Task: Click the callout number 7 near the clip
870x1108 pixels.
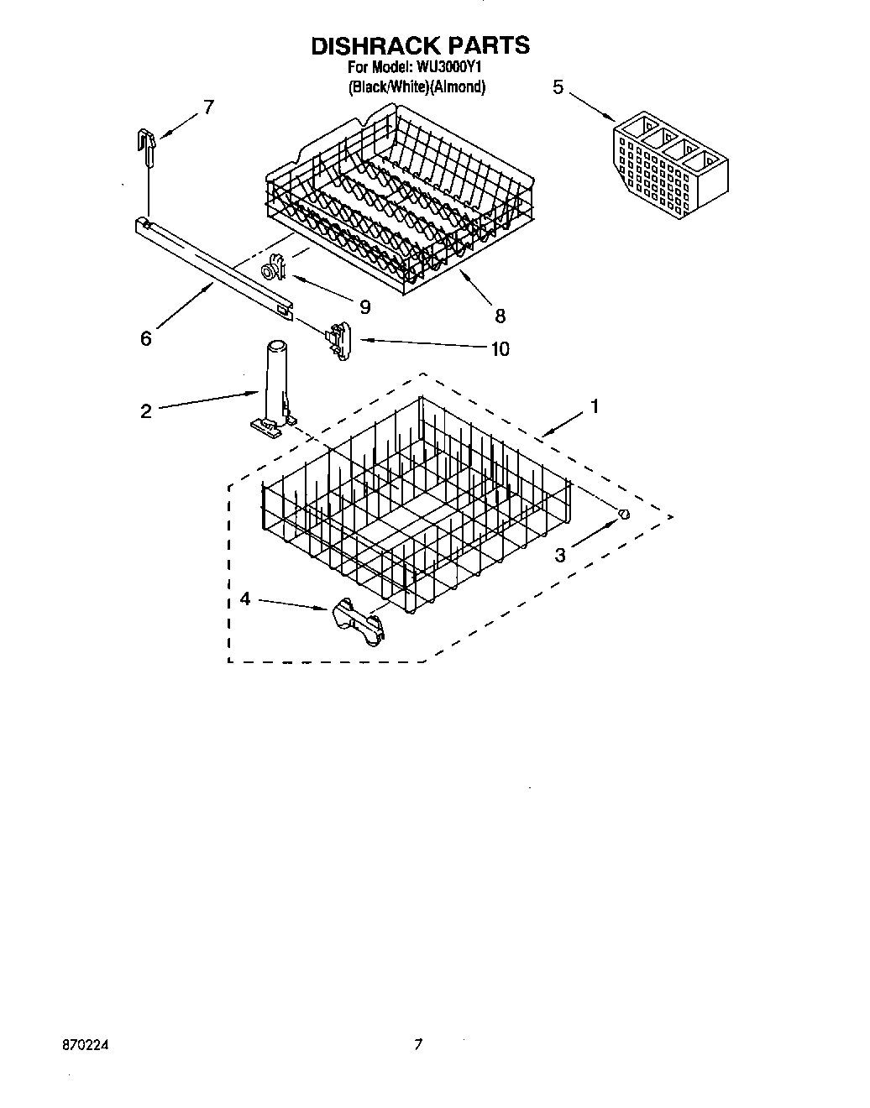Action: coord(208,107)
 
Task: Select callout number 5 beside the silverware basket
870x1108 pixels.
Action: coord(558,86)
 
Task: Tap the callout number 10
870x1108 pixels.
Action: coord(500,348)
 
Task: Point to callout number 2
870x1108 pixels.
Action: coord(146,410)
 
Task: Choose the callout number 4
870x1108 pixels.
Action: coord(244,598)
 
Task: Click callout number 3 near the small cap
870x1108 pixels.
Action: coord(560,553)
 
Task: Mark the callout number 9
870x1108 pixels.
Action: coord(364,307)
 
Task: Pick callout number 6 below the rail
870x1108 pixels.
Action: coord(146,338)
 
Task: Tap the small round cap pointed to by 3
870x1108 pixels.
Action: coord(623,514)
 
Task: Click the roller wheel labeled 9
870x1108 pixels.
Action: coord(273,270)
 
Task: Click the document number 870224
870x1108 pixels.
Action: coord(85,1046)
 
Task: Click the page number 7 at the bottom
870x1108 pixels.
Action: coord(417,1046)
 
